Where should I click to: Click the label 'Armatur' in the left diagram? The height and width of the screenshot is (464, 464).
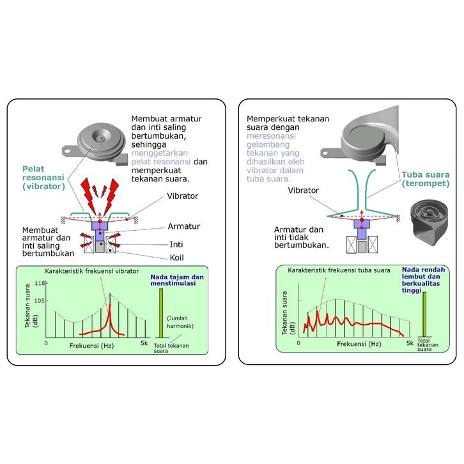pyautogui.click(x=184, y=226)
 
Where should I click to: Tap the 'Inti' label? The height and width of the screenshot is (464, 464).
pyautogui.click(x=177, y=244)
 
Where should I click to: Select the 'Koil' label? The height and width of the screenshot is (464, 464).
pyautogui.click(x=178, y=259)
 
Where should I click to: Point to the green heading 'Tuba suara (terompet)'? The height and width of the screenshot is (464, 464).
pyautogui.click(x=424, y=179)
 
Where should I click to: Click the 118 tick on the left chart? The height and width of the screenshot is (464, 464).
pyautogui.click(x=39, y=284)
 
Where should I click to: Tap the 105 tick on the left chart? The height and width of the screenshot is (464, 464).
pyautogui.click(x=39, y=299)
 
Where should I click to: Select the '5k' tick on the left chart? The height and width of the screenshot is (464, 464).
pyautogui.click(x=145, y=344)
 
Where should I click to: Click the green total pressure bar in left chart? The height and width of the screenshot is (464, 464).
pyautogui.click(x=161, y=313)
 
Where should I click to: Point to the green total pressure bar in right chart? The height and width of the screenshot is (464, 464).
pyautogui.click(x=423, y=315)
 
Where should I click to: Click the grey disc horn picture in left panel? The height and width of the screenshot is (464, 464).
pyautogui.click(x=101, y=143)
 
